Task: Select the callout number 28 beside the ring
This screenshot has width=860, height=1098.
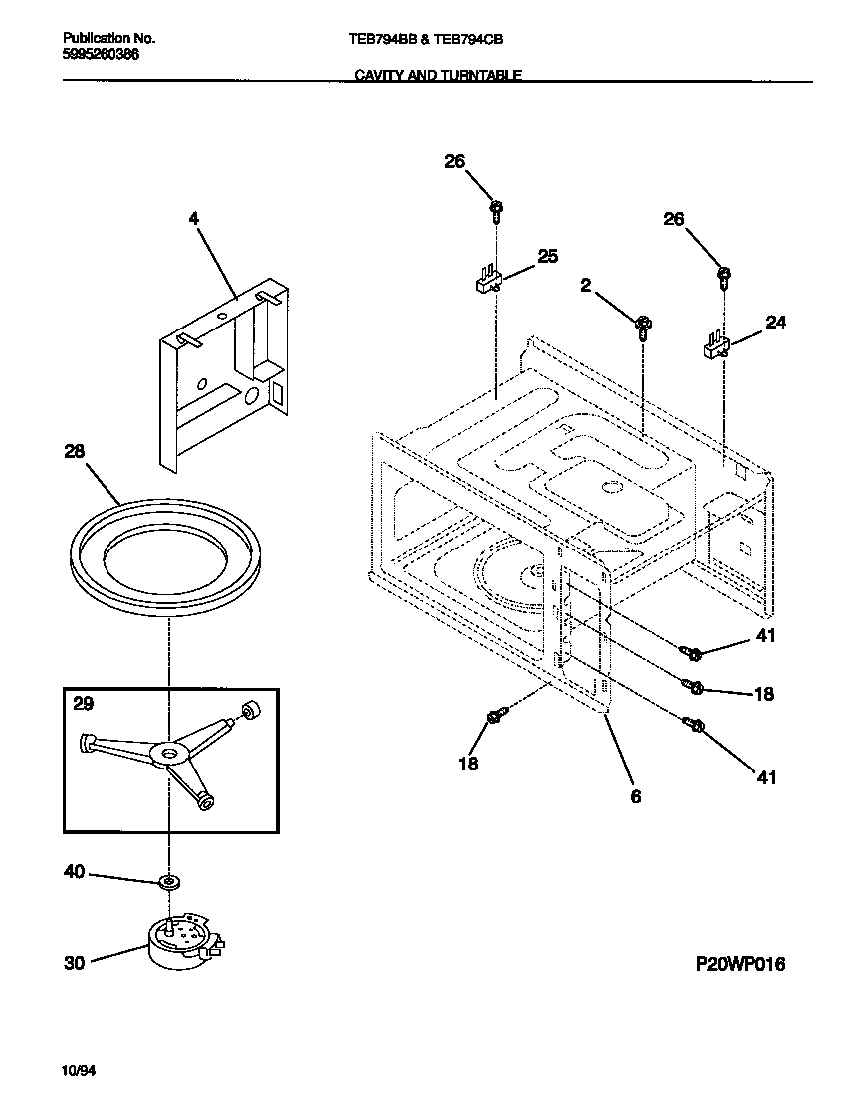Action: coord(75,451)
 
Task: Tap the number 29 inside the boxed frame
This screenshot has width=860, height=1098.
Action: coord(84,704)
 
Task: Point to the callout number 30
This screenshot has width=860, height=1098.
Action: coord(75,963)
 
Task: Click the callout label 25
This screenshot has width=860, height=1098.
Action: coord(548,257)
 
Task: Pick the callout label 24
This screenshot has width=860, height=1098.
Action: coord(775,322)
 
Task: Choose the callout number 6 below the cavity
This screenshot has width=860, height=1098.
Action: coord(636,796)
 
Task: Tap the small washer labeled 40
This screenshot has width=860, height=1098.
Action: coord(168,882)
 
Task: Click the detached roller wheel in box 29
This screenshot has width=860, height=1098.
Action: coord(250,711)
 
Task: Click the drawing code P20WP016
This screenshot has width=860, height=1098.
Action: coord(740,964)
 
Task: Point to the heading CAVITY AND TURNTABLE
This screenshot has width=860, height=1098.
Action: coord(438,75)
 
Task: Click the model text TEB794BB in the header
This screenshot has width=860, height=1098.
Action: coord(382,39)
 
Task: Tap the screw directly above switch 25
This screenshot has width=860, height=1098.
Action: coord(496,210)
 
